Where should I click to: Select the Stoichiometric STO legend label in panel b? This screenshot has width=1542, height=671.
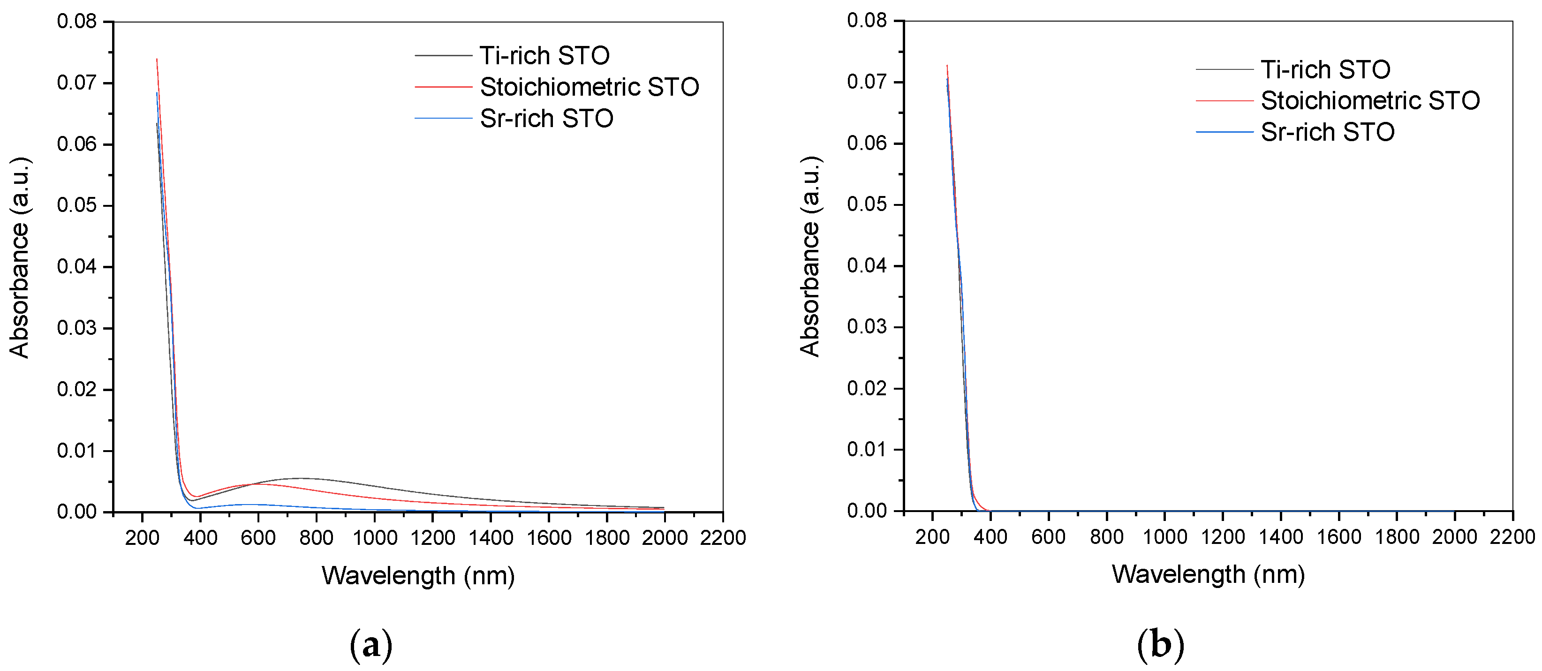click(1370, 100)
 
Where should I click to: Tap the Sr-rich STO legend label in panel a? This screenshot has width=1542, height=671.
click(546, 119)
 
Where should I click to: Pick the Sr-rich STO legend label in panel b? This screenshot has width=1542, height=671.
click(1327, 132)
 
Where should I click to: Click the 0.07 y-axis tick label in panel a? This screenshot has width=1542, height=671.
click(76, 83)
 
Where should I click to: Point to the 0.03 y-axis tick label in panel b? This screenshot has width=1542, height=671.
click(866, 327)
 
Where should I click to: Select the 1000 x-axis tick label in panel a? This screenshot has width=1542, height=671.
click(375, 537)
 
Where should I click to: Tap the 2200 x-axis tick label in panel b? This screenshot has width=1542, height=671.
click(1512, 537)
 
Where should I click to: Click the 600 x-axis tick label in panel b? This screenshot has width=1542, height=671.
click(1048, 537)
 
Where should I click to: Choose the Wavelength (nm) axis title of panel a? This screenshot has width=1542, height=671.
click(418, 576)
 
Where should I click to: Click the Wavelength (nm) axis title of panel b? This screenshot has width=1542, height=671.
click(1208, 574)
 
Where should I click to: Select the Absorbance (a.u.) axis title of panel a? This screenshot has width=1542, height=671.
click(20, 257)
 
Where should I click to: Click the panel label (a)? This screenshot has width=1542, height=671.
click(370, 645)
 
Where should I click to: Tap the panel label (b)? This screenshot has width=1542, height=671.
click(1160, 645)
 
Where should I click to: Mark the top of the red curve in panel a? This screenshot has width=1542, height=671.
click(157, 59)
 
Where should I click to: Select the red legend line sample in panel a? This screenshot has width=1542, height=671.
click(444, 87)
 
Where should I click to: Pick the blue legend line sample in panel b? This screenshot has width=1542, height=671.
click(1224, 132)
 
